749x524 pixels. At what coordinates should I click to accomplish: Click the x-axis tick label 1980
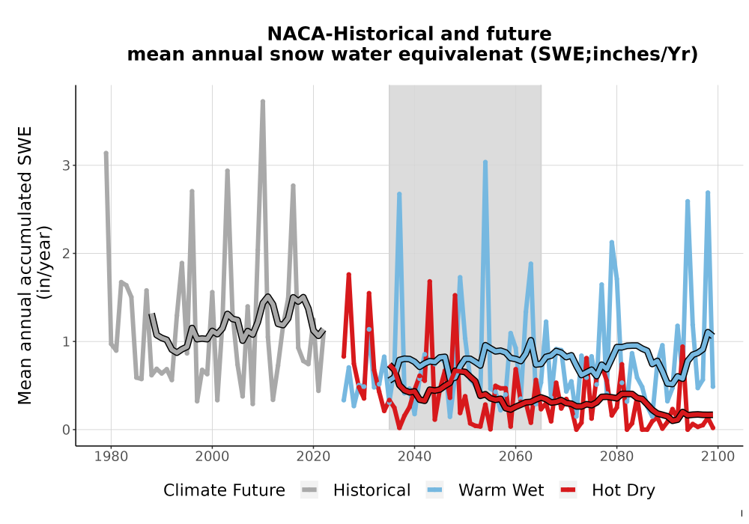tap(111, 457)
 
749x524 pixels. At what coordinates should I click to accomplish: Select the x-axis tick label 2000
tap(212, 457)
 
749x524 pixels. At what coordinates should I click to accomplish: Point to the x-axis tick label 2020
tap(313, 457)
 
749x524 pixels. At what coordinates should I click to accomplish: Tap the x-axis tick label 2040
tap(414, 457)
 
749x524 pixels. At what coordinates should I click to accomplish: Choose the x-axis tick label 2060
tap(515, 457)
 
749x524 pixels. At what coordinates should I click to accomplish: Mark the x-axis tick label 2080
tap(616, 457)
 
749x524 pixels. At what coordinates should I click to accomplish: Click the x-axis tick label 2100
tap(718, 457)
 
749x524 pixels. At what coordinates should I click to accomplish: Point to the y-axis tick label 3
tap(67, 165)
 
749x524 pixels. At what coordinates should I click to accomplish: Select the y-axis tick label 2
tap(67, 254)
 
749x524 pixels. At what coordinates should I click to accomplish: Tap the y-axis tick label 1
tap(67, 341)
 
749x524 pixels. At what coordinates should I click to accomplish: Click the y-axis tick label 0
tap(67, 430)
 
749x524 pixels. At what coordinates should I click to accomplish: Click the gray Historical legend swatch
tap(309, 490)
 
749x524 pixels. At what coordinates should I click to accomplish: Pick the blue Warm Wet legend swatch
tap(434, 490)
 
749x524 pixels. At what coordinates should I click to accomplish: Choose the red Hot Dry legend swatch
tap(568, 490)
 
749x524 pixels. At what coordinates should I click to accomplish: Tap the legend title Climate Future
tap(224, 490)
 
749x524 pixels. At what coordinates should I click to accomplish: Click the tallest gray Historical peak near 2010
tap(263, 101)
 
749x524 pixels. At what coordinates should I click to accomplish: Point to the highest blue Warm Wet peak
tap(485, 162)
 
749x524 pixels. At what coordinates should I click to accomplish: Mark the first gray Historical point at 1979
tap(106, 153)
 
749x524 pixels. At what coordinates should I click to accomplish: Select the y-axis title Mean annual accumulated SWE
tap(25, 265)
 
